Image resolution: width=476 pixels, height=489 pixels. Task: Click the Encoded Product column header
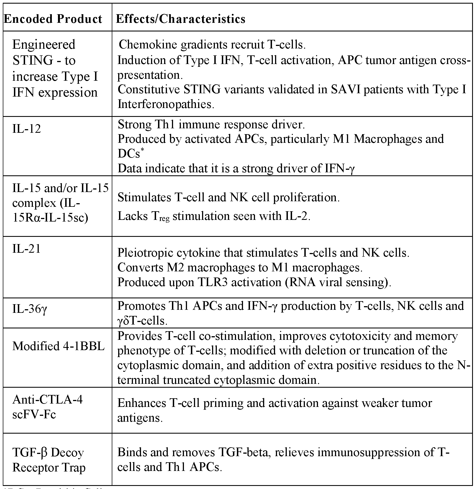coord(53,19)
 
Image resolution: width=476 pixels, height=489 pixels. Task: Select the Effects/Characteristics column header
coord(181,19)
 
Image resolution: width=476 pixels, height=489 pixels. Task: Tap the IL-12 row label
coord(26,129)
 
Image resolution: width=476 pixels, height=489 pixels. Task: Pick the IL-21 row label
coord(26,248)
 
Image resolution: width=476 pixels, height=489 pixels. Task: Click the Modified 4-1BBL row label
coord(59,346)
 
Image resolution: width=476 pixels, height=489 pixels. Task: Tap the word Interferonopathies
coord(166,104)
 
